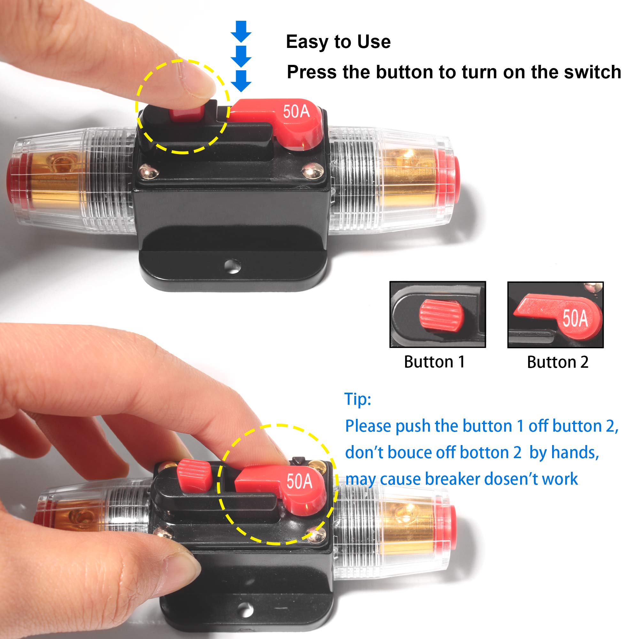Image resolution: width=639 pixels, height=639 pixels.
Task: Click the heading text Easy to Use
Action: (x=338, y=42)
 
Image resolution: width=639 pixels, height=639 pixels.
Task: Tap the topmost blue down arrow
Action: (x=241, y=32)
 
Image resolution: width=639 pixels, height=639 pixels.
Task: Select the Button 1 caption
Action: (x=434, y=362)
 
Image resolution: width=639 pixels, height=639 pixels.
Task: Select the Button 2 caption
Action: (x=558, y=362)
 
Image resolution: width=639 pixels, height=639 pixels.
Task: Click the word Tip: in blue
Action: (x=358, y=399)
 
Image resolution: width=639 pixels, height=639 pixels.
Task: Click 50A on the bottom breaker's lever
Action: (x=299, y=481)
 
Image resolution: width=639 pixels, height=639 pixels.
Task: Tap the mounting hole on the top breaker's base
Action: (x=233, y=266)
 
